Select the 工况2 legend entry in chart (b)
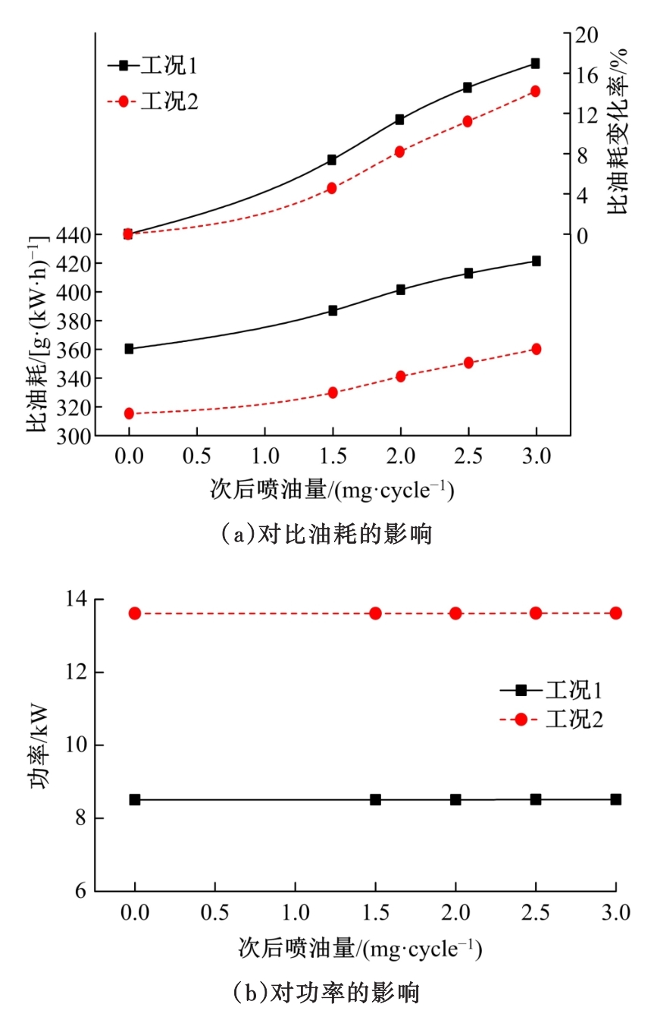pos(551,720)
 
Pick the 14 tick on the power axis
pos(77,600)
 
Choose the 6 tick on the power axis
pos(82,891)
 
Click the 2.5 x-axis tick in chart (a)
pos(468,456)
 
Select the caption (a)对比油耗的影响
pos(327,534)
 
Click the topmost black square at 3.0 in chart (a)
pos(535,64)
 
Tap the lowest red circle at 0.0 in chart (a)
pos(129,413)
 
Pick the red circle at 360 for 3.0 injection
pos(536,349)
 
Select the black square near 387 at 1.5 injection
pos(333,310)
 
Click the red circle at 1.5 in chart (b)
pos(375,613)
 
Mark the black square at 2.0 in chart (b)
pos(455,799)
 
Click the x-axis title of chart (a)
pos(332,491)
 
